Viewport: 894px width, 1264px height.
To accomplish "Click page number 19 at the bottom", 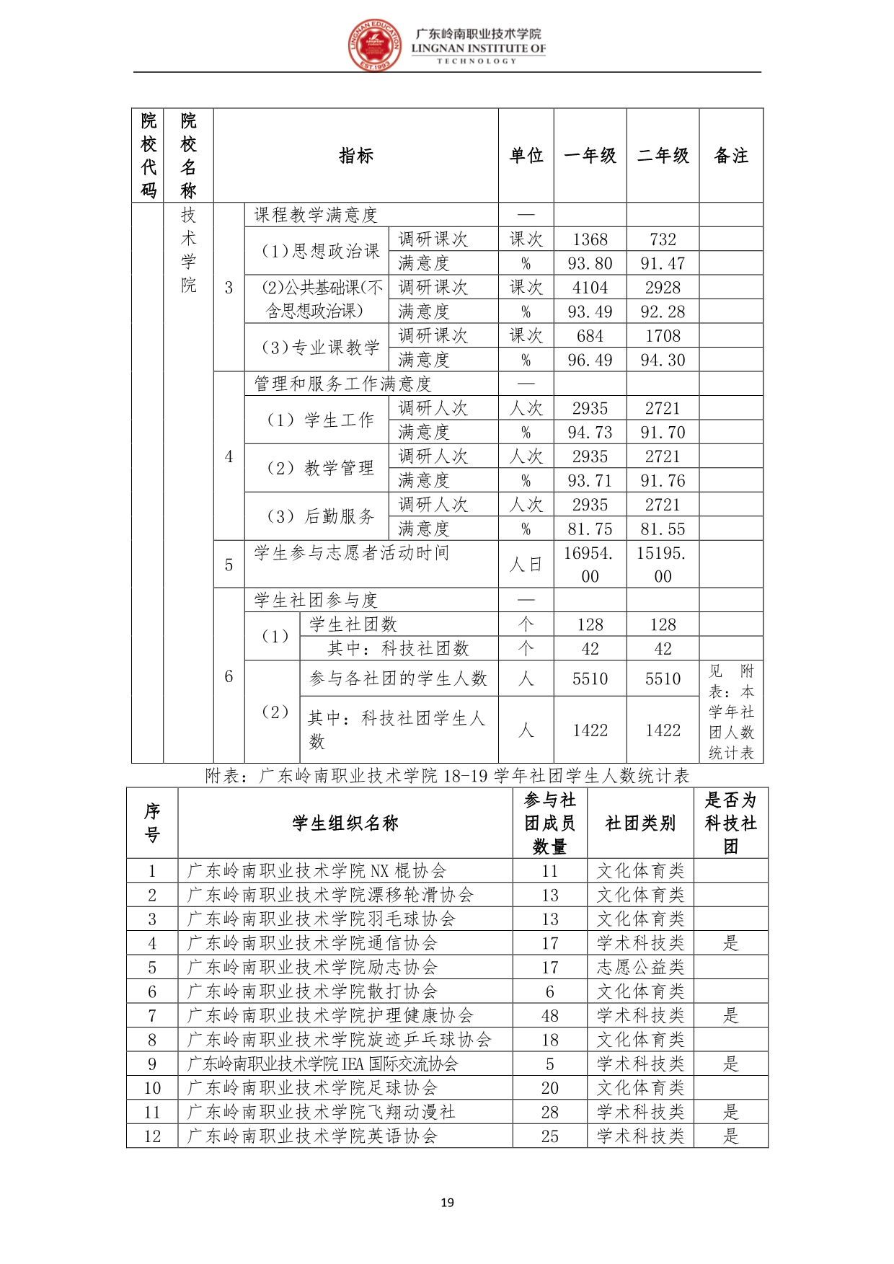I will (x=447, y=1202).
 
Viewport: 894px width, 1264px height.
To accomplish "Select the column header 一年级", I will (x=590, y=156).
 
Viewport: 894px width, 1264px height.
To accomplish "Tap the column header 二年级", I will (x=663, y=156).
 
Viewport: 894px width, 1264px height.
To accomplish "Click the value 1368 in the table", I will (x=590, y=239).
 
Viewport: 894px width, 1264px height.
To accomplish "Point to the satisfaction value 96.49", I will (x=590, y=360).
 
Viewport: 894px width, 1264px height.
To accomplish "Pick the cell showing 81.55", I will (x=663, y=529).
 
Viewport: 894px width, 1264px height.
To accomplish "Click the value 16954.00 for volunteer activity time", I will (x=590, y=565).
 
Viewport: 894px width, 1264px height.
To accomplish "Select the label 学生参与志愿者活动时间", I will (x=352, y=553).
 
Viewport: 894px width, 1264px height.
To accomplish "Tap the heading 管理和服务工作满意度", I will (x=342, y=384).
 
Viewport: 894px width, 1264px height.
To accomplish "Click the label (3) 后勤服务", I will (x=321, y=516).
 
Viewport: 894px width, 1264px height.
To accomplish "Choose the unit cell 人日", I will (x=526, y=565).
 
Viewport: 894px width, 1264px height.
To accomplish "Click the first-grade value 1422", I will (x=590, y=730).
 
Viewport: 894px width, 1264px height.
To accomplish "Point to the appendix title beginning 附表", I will (x=447, y=776).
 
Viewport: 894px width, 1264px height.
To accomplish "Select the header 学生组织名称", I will (x=345, y=823).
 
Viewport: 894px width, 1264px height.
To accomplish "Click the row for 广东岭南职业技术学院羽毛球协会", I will (x=322, y=919).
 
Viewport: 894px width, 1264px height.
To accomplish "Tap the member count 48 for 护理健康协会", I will (x=550, y=1016).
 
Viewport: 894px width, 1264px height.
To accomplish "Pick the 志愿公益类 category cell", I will (x=640, y=968).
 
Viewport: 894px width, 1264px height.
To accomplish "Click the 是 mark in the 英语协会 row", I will (x=731, y=1136).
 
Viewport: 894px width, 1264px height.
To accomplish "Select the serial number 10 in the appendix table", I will (x=152, y=1088).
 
